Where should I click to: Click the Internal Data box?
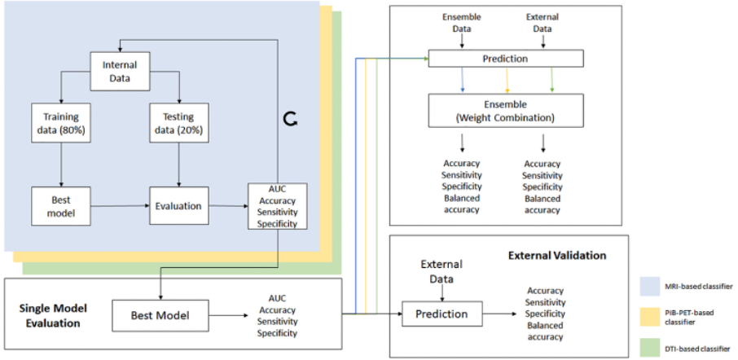point(120,71)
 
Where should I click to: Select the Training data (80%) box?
point(61,124)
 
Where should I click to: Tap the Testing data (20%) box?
point(179,124)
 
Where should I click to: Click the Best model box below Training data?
point(61,206)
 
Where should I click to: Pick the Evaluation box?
point(178,206)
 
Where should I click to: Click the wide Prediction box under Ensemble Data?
point(505,59)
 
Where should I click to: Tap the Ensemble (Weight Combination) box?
point(505,110)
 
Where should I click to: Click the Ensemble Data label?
point(462,22)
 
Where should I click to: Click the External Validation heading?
point(557,255)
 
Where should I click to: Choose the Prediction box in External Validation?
point(441,314)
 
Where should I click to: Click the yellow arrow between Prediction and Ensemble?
point(507,80)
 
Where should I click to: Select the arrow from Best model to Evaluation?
point(119,206)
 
